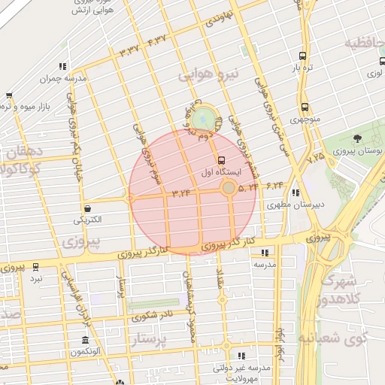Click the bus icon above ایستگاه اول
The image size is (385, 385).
221,160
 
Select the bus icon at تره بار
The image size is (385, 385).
302,56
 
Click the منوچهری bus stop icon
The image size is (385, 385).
305,107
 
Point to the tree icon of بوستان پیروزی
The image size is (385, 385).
356,138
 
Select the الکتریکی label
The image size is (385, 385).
89,220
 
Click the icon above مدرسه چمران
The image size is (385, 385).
62,66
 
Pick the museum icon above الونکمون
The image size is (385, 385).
84,340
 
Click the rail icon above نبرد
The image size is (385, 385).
35,267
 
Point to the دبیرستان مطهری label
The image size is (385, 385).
304,204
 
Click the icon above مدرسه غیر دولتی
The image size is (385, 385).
241,355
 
